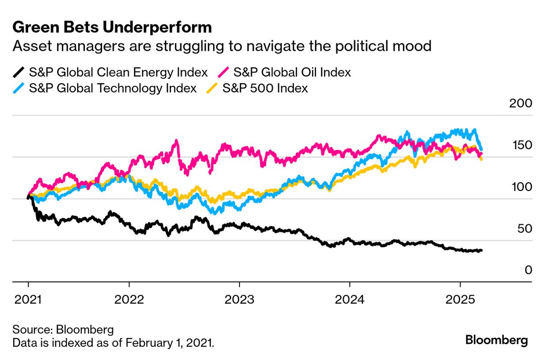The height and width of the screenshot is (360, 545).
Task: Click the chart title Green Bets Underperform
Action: pyautogui.click(x=112, y=27)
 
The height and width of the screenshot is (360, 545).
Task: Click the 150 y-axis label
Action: pyautogui.click(x=522, y=146)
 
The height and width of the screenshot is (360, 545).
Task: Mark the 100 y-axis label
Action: pyautogui.click(x=522, y=187)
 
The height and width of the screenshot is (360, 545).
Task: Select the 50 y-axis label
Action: pyautogui.click(x=524, y=229)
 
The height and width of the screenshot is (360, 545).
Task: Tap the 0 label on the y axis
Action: pyautogui.click(x=528, y=270)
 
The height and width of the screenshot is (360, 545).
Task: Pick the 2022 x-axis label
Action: pyautogui.click(x=129, y=300)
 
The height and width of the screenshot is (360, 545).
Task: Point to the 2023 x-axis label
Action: pyautogui.click(x=239, y=300)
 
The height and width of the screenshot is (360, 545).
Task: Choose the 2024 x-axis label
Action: pyautogui.click(x=349, y=300)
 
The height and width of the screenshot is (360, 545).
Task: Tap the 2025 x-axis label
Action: pyautogui.click(x=460, y=300)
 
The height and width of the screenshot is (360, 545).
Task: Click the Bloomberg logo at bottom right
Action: pyautogui.click(x=497, y=340)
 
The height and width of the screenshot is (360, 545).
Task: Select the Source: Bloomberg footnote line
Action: pyautogui.click(x=63, y=329)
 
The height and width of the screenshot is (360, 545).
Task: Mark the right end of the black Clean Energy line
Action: pyautogui.click(x=481, y=250)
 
